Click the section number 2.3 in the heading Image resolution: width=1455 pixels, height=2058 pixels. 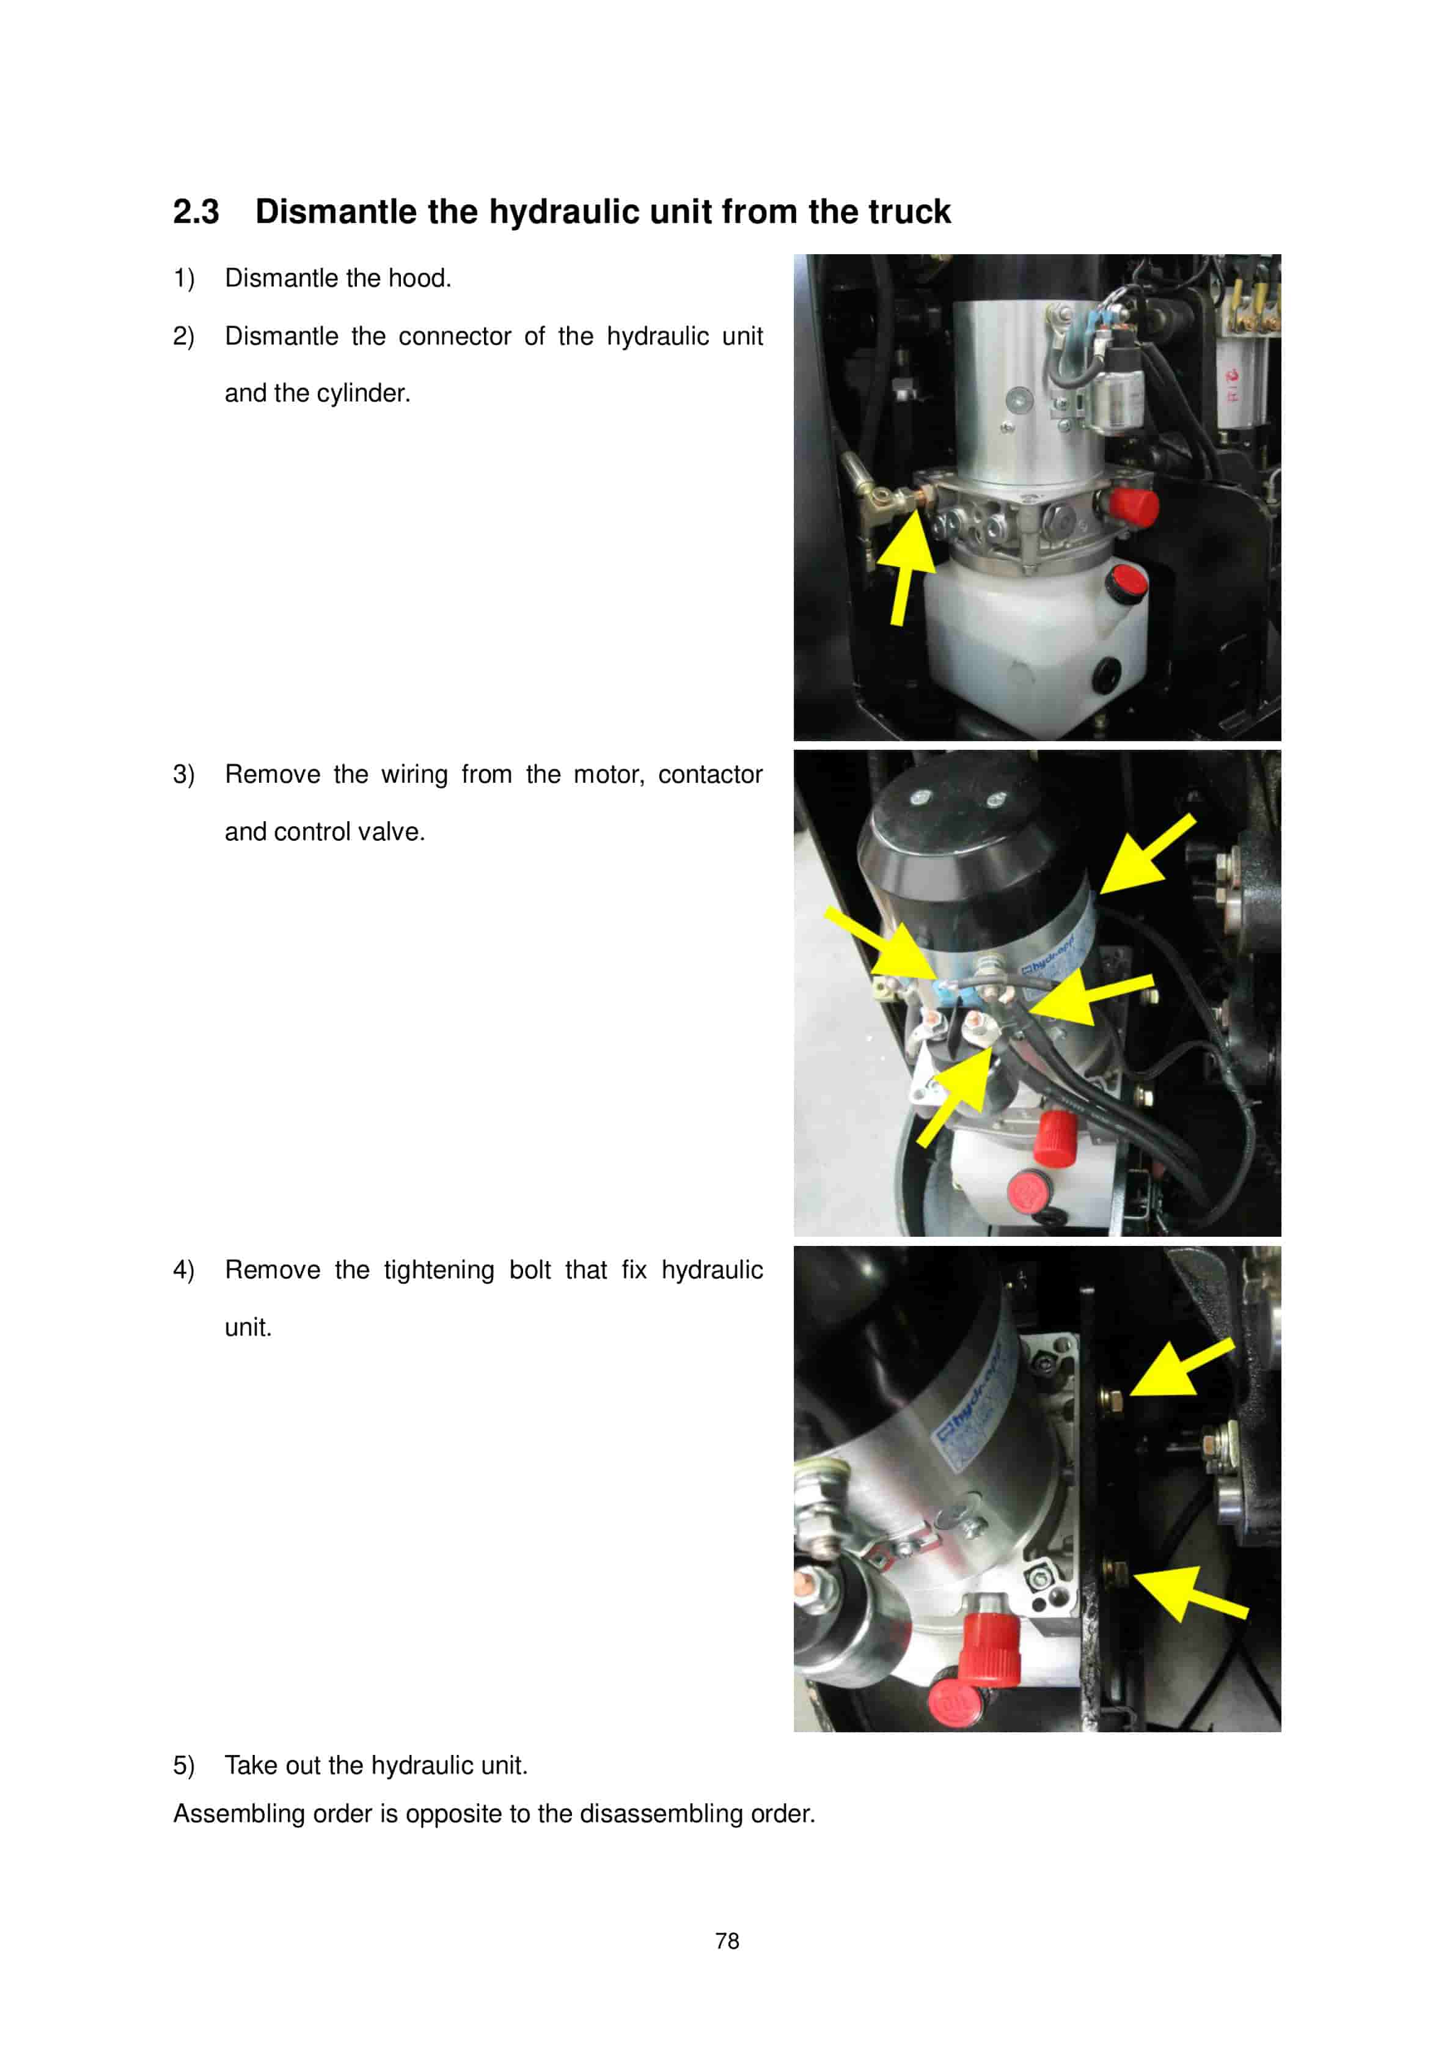196,213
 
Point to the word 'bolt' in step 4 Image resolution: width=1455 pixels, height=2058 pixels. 529,1270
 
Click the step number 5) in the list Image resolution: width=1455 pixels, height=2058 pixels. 184,1766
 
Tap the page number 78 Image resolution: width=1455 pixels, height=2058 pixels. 727,1941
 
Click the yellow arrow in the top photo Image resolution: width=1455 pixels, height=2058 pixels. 907,560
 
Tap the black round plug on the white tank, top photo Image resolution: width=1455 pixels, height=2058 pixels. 1107,672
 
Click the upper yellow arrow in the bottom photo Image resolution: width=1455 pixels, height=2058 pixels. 1179,1367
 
